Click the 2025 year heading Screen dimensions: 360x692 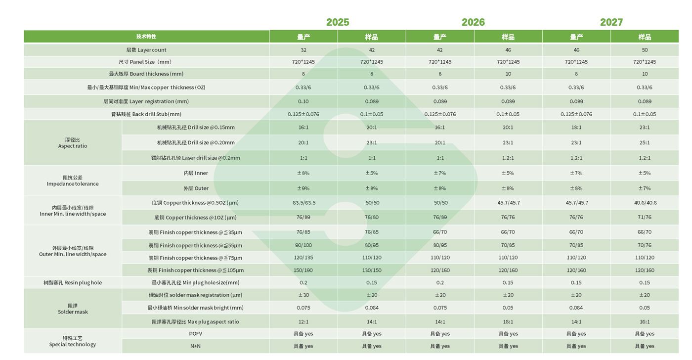click(x=338, y=22)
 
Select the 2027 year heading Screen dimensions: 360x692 click(x=611, y=22)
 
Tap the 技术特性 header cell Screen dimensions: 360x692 click(x=146, y=37)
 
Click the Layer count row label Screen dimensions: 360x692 click(x=146, y=50)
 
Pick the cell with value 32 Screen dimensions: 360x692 click(x=303, y=50)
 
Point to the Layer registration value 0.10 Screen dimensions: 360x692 click(x=303, y=101)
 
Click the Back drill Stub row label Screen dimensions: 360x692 click(x=146, y=114)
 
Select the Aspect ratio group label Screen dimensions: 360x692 click(x=73, y=143)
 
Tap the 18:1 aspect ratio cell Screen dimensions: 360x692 click(x=576, y=128)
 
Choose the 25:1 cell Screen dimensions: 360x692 click(x=645, y=143)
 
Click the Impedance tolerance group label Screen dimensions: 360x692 click(x=73, y=180)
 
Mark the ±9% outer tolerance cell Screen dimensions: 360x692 click(x=303, y=188)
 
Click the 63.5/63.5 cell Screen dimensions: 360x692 click(x=303, y=203)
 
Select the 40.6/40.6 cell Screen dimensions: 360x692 click(x=645, y=203)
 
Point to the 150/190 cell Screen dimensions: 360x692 click(x=303, y=270)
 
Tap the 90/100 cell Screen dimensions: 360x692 click(x=303, y=245)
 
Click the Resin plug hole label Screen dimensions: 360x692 click(x=73, y=283)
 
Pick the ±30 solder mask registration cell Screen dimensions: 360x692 click(x=303, y=295)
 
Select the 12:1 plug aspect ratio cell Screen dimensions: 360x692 click(x=303, y=322)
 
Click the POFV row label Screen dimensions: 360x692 click(x=196, y=334)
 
